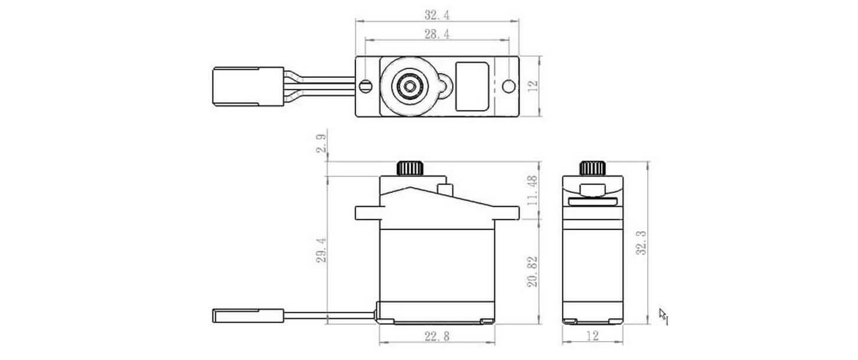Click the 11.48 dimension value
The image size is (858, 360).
532,190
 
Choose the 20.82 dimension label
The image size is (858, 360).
532,271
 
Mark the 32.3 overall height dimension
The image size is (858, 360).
640,243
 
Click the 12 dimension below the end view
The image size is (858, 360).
593,336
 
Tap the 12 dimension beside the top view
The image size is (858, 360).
533,86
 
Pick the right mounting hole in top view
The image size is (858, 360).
507,86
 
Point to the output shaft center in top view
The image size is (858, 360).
407,86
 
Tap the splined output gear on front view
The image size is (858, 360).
411,168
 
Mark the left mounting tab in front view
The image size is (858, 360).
367,212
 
